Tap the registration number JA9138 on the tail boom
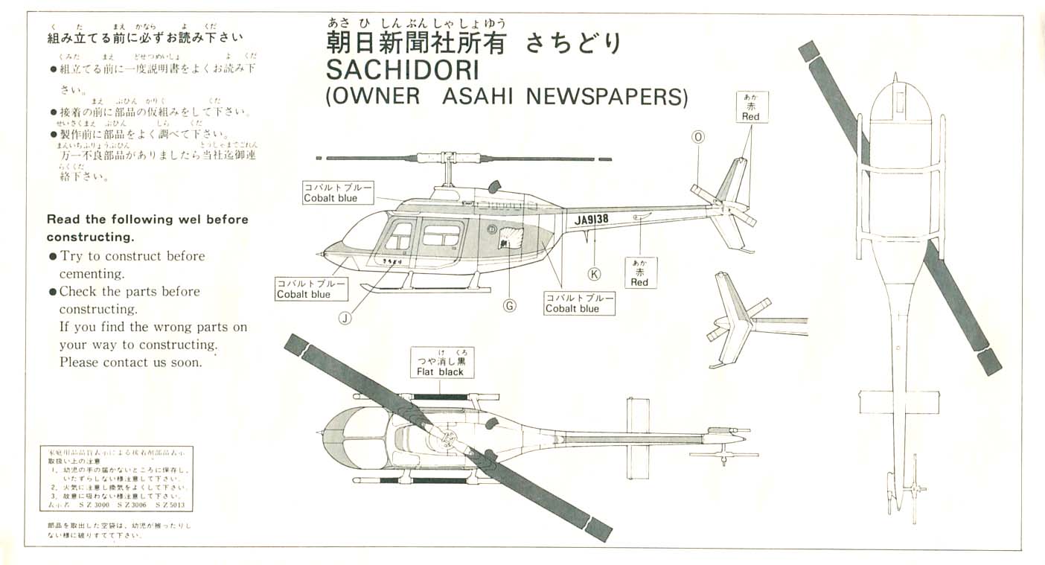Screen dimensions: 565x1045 click(x=592, y=220)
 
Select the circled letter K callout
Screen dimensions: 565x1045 click(x=594, y=273)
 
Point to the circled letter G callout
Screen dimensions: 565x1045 click(x=510, y=305)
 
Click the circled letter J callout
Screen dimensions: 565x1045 click(x=345, y=318)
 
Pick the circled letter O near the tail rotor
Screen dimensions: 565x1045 click(x=697, y=136)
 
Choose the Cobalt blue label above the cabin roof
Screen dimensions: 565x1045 click(x=336, y=192)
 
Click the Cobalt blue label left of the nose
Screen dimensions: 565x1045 click(x=310, y=288)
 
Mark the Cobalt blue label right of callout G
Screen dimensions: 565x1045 click(x=580, y=303)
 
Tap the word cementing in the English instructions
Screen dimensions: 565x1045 click(x=86, y=274)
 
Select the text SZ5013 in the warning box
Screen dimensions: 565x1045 click(x=170, y=505)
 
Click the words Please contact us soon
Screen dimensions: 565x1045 click(x=130, y=363)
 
